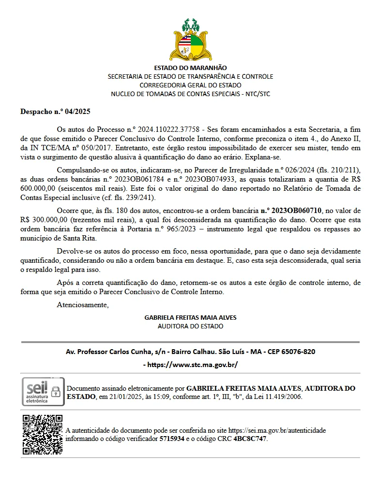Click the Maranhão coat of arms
[190, 40]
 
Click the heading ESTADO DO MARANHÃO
[190, 68]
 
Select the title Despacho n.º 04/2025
[55, 112]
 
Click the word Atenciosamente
[83, 305]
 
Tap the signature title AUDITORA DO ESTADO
[190, 326]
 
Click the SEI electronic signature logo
[43, 391]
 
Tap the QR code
[43, 434]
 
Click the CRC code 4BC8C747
[250, 439]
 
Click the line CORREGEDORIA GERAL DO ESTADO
[190, 85]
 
